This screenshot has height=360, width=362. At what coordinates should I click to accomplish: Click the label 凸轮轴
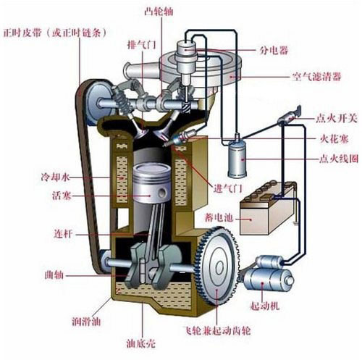[159, 12]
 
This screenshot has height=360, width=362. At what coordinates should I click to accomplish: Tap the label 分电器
[274, 51]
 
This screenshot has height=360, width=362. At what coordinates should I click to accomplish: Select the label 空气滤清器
[316, 77]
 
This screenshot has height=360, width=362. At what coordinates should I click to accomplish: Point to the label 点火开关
[336, 118]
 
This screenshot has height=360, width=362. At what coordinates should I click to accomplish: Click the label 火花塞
[334, 139]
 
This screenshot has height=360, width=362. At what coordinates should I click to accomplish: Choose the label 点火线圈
[338, 159]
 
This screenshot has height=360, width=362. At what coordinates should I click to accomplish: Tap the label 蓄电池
[219, 217]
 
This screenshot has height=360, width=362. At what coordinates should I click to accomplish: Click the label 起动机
[265, 306]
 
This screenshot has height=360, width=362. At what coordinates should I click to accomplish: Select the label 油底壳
[141, 343]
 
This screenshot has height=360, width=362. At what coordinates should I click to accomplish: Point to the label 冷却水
[56, 177]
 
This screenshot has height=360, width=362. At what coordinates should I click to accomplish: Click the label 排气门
[142, 45]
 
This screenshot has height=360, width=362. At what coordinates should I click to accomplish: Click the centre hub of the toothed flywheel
[219, 268]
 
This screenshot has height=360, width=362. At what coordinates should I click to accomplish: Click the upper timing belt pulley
[99, 103]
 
